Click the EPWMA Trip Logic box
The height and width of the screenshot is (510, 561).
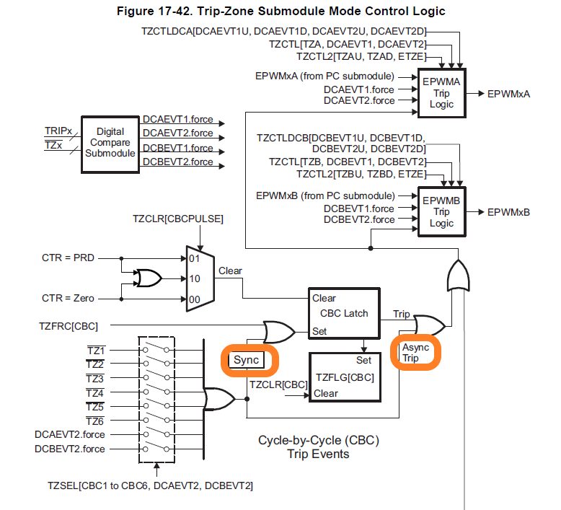[x=441, y=94]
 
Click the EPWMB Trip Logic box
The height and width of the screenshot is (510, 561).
[x=441, y=212]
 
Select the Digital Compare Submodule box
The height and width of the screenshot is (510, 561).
[x=110, y=143]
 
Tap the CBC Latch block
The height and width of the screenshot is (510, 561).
[x=344, y=313]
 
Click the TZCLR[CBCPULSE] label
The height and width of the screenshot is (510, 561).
[x=178, y=218]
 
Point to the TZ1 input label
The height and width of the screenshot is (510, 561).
[x=96, y=350]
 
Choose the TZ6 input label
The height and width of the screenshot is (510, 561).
[x=96, y=421]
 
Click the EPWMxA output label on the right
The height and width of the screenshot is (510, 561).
[x=508, y=94]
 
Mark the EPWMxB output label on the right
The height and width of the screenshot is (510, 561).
[x=508, y=212]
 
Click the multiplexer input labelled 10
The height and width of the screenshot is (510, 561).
[x=194, y=278]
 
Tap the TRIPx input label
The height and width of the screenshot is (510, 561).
[x=58, y=131]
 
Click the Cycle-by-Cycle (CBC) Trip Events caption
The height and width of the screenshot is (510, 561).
[x=318, y=447]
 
